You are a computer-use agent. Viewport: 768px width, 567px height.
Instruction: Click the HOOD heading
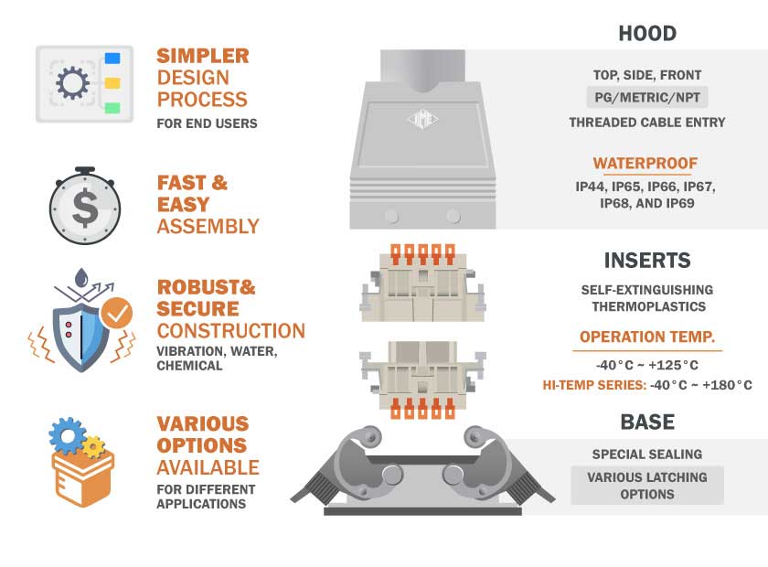pyautogui.click(x=647, y=34)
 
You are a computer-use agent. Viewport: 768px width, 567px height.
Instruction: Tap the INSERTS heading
pyautogui.click(x=647, y=261)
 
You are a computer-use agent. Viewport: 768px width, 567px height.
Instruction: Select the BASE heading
pyautogui.click(x=647, y=422)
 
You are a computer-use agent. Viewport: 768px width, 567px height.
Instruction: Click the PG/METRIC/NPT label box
pyautogui.click(x=647, y=98)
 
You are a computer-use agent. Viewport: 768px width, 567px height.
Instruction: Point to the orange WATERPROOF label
pyautogui.click(x=645, y=163)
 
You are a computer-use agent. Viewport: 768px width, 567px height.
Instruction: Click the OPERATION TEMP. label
pyautogui.click(x=647, y=337)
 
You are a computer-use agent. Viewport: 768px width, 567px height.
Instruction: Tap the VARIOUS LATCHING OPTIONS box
pyautogui.click(x=647, y=486)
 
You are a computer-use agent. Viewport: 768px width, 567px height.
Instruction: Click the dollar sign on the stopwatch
pyautogui.click(x=85, y=208)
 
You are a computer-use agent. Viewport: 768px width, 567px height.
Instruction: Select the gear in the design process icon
pyautogui.click(x=72, y=82)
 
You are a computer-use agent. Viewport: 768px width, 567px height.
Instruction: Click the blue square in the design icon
pyautogui.click(x=112, y=59)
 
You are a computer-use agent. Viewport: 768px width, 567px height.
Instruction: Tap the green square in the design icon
pyautogui.click(x=112, y=108)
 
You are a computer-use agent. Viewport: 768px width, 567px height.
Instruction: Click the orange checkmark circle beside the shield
pyautogui.click(x=116, y=313)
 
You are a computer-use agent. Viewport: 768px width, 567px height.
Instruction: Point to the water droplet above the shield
pyautogui.click(x=81, y=277)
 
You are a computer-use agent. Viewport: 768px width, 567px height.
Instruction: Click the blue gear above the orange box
pyautogui.click(x=68, y=435)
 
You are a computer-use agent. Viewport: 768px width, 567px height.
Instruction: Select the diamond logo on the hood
pyautogui.click(x=422, y=119)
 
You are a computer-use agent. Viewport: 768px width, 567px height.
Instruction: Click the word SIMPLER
pyautogui.click(x=203, y=56)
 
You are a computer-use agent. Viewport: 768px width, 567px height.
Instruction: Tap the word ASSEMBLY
pyautogui.click(x=208, y=227)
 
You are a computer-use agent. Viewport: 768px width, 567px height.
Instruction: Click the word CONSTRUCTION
pyautogui.click(x=230, y=331)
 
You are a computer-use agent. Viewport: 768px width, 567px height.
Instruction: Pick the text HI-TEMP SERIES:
pyautogui.click(x=594, y=385)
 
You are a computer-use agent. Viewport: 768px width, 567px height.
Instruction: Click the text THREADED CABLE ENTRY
pyautogui.click(x=647, y=122)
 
